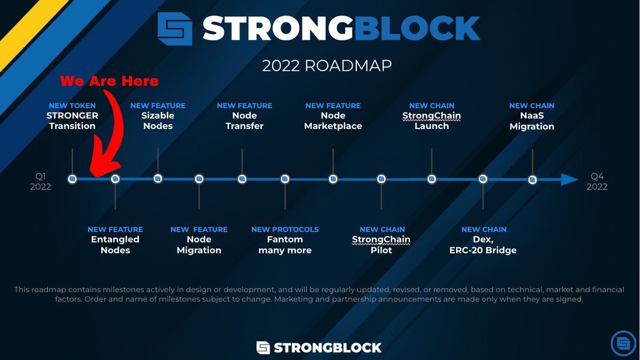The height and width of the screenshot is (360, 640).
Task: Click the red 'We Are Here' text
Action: pyautogui.click(x=109, y=81)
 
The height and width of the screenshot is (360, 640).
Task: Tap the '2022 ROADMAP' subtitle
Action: pyautogui.click(x=327, y=66)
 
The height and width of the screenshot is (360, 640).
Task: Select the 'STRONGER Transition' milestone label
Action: pyautogui.click(x=73, y=121)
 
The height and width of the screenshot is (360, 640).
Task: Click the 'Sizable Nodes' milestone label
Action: pyautogui.click(x=158, y=121)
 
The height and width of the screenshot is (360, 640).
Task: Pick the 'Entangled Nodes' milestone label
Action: pyautogui.click(x=115, y=245)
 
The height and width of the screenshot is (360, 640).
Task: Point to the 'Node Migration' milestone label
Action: pyautogui.click(x=199, y=245)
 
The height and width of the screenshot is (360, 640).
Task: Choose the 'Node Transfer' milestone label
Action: pyautogui.click(x=244, y=121)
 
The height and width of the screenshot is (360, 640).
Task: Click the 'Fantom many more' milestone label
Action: pyautogui.click(x=285, y=245)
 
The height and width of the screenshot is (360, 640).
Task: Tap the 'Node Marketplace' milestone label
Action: pyautogui.click(x=333, y=121)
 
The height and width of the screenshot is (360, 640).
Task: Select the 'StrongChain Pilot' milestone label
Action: pyautogui.click(x=381, y=245)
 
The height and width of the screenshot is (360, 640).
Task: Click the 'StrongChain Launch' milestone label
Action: pyautogui.click(x=432, y=121)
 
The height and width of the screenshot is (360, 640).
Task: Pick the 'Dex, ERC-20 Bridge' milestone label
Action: pyautogui.click(x=483, y=245)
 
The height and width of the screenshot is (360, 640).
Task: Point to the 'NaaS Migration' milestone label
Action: pyautogui.click(x=532, y=121)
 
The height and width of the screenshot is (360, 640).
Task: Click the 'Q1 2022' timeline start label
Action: pyautogui.click(x=41, y=181)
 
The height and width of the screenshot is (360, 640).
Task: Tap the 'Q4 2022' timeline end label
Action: pyautogui.click(x=597, y=181)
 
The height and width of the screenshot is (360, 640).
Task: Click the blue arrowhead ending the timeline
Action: pyautogui.click(x=569, y=180)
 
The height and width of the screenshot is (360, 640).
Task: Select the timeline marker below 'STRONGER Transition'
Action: pyautogui.click(x=73, y=179)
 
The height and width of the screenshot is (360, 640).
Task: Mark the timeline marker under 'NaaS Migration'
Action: pyautogui.click(x=532, y=180)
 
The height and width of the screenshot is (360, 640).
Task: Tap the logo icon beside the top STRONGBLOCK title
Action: pyautogui.click(x=175, y=29)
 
